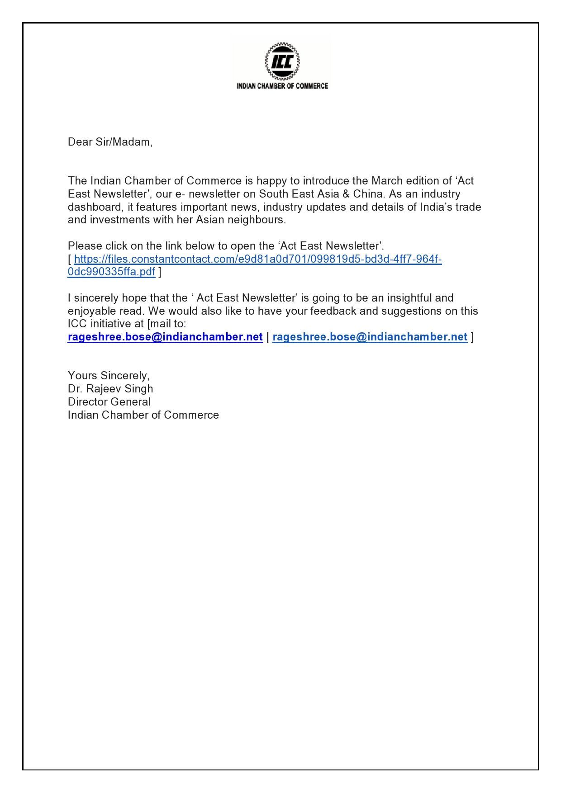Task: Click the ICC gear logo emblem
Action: pyautogui.click(x=281, y=61)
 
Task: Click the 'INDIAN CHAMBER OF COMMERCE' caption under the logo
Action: pyautogui.click(x=282, y=86)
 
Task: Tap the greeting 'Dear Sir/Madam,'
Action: pyautogui.click(x=110, y=142)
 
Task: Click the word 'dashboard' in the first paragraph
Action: pyautogui.click(x=93, y=207)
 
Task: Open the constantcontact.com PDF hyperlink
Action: pyautogui.click(x=257, y=259)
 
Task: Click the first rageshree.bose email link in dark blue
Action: pyautogui.click(x=165, y=337)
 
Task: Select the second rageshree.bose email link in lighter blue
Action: pyautogui.click(x=370, y=337)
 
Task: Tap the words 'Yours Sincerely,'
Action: pyautogui.click(x=109, y=376)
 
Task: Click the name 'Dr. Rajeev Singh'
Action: pyautogui.click(x=110, y=389)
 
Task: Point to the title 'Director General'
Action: pyautogui.click(x=109, y=402)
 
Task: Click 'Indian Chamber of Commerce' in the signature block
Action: pyautogui.click(x=143, y=415)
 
